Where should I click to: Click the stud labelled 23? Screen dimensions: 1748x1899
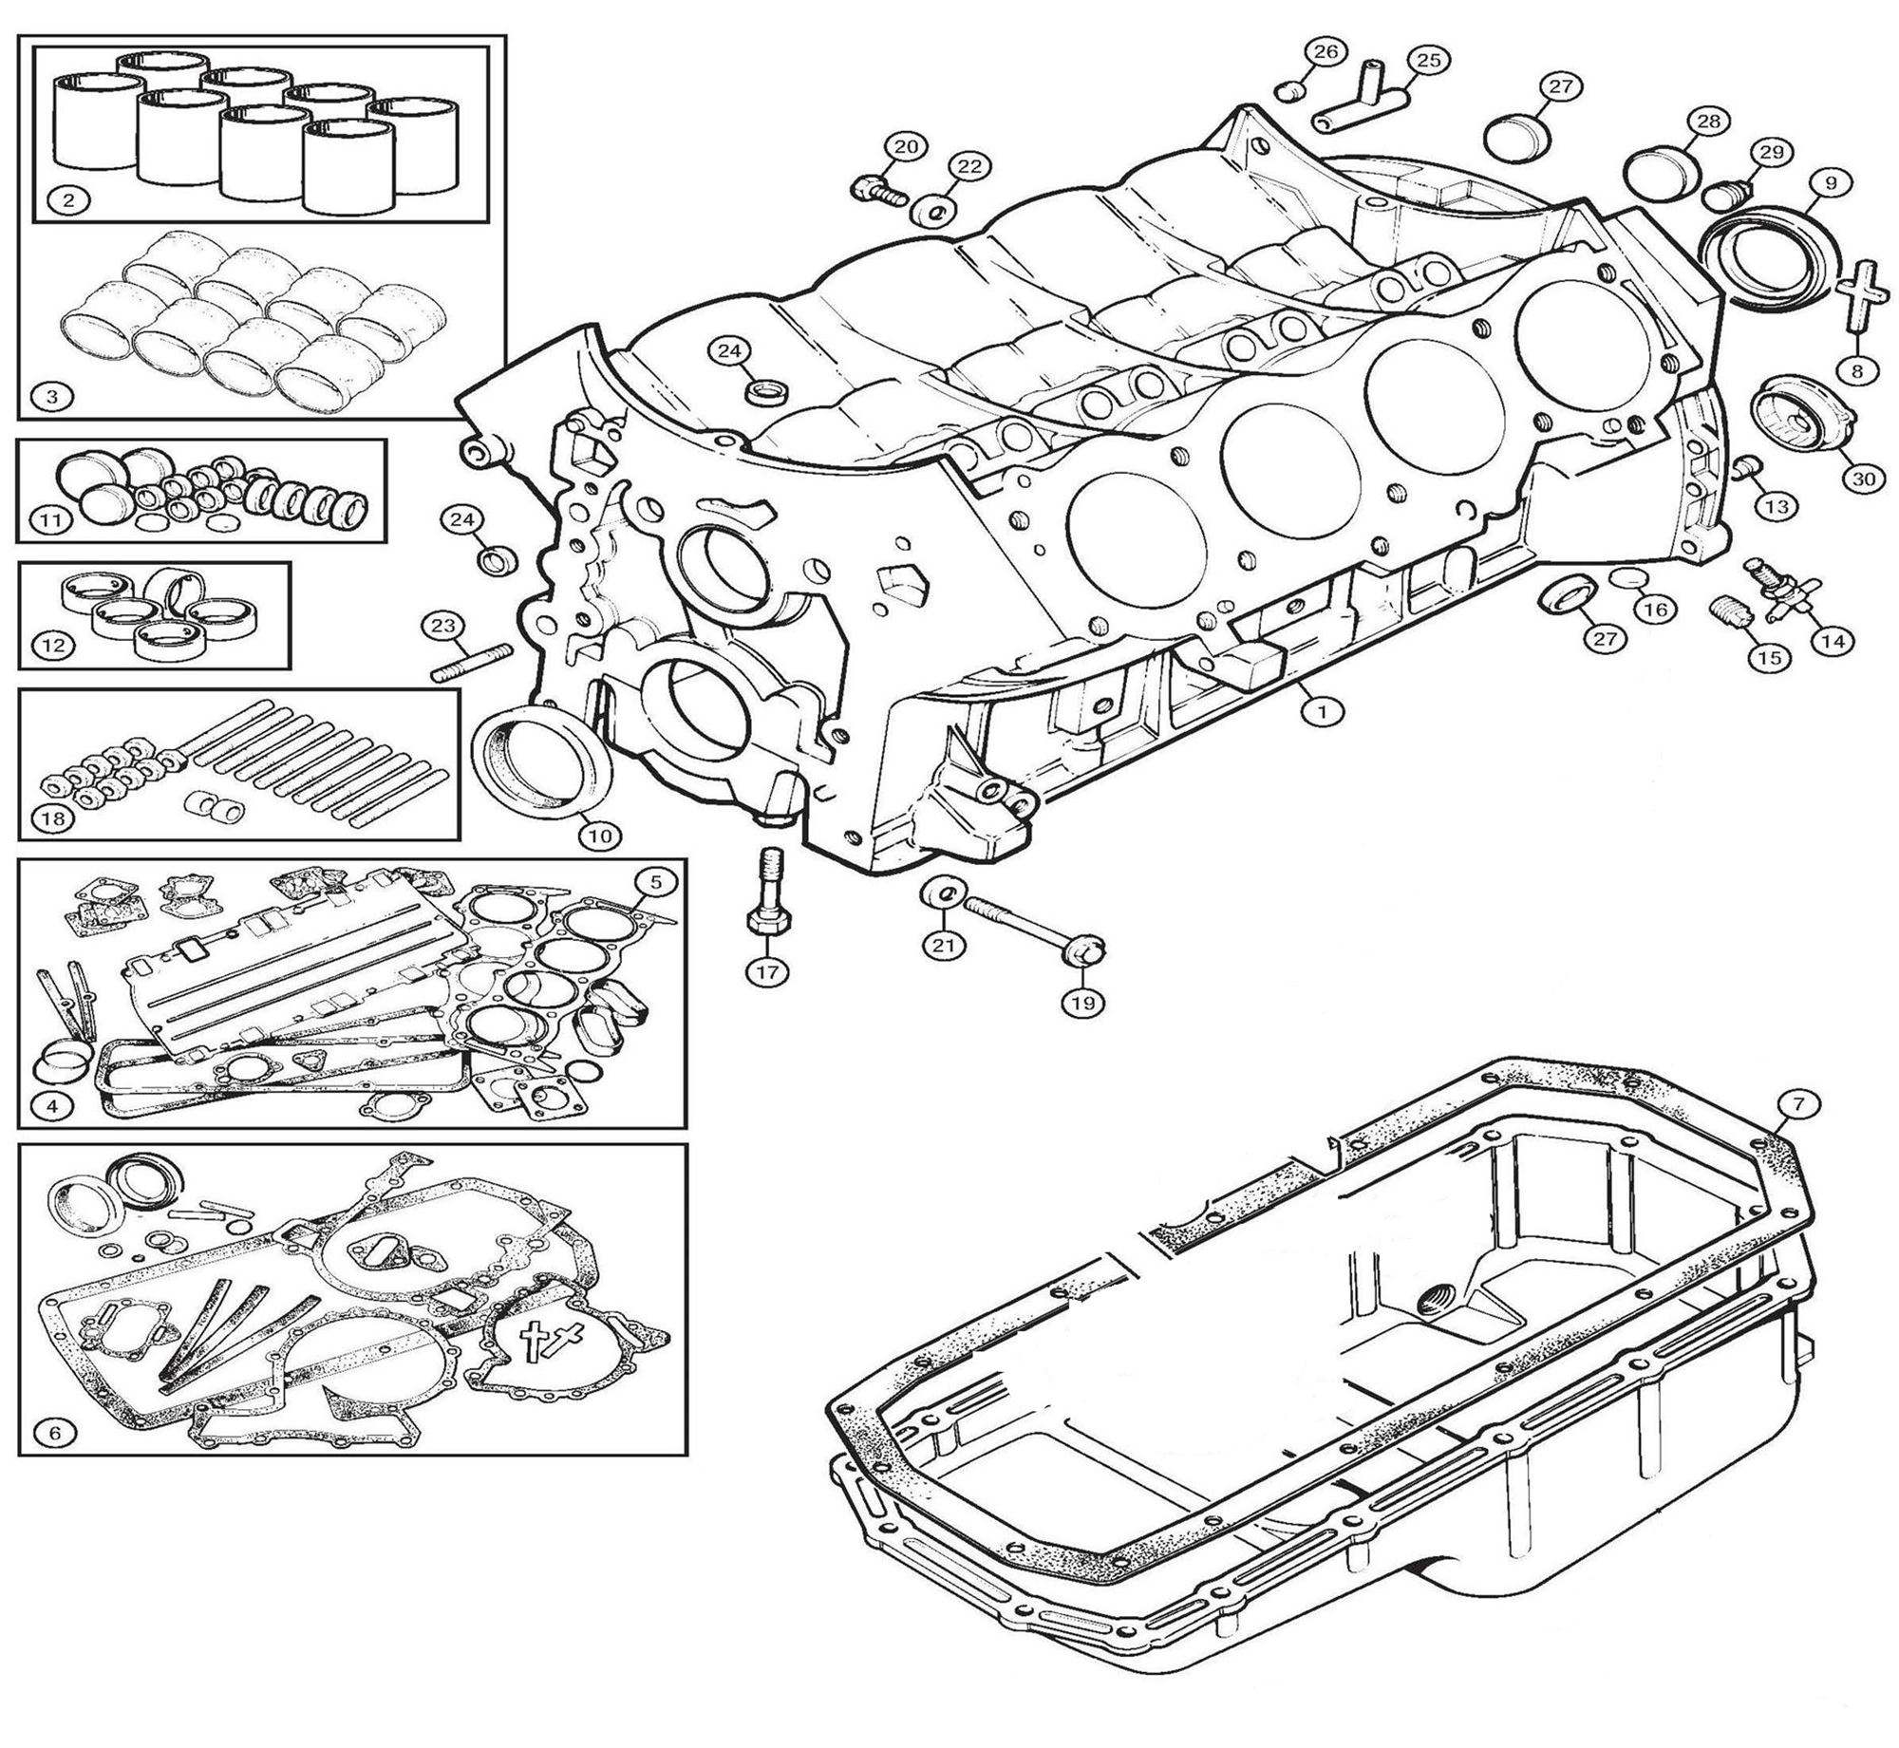pos(472,662)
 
